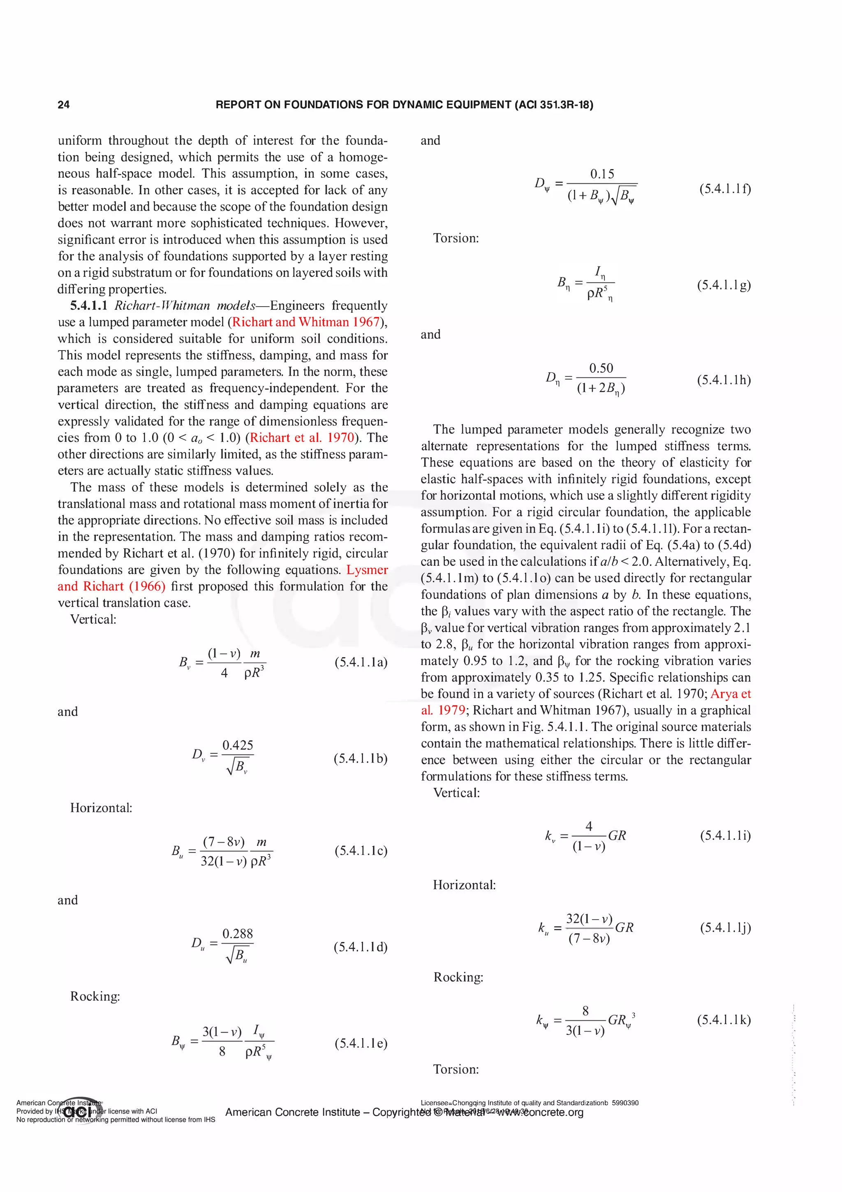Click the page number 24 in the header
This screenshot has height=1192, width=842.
63,105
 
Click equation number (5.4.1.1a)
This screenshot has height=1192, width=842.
361,662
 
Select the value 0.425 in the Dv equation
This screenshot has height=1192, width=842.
238,746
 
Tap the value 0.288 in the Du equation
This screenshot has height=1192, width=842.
238,934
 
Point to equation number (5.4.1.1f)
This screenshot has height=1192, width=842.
725,188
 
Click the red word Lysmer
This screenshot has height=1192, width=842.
367,569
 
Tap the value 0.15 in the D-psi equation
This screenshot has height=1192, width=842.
602,174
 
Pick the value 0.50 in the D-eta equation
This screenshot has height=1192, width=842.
601,368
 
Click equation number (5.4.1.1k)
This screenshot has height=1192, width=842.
724,1020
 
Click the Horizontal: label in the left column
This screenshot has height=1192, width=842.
101,808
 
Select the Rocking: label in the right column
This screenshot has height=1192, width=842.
458,977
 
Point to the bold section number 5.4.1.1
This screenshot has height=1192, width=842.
89,305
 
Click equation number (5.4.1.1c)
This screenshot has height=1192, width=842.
361,850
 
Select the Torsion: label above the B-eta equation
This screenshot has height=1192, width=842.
456,238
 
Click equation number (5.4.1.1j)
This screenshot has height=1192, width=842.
725,927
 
